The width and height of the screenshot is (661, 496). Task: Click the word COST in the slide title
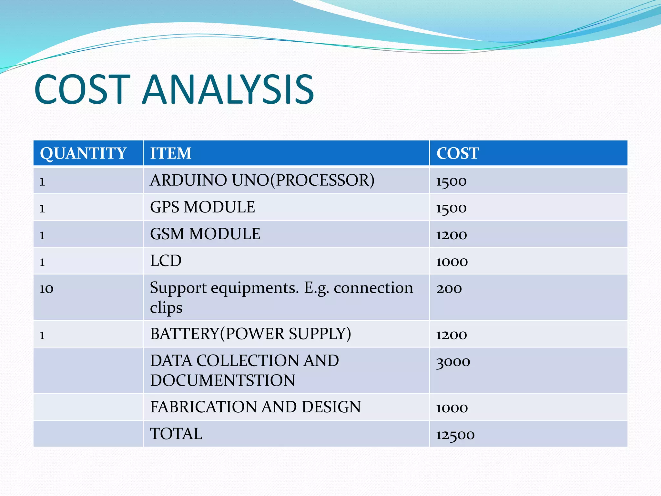pyautogui.click(x=82, y=89)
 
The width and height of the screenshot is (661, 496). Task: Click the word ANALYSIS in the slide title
pyautogui.click(x=228, y=89)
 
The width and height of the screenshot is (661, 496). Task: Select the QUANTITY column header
pyautogui.click(x=83, y=153)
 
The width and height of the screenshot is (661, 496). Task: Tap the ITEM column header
pyautogui.click(x=171, y=153)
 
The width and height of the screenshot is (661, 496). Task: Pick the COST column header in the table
pyautogui.click(x=457, y=153)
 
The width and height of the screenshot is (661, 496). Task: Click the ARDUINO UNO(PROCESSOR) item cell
pyautogui.click(x=262, y=180)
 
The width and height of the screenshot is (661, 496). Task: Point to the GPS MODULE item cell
pyautogui.click(x=202, y=207)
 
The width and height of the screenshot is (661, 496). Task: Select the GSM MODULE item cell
pyautogui.click(x=205, y=234)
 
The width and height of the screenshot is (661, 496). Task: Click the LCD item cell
pyautogui.click(x=166, y=261)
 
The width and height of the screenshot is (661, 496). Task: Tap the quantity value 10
pyautogui.click(x=46, y=288)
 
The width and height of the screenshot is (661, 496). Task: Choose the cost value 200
pyautogui.click(x=449, y=288)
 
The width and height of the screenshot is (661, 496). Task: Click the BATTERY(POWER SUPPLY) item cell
pyautogui.click(x=250, y=334)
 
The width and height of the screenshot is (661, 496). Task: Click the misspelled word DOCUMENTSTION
pyautogui.click(x=222, y=380)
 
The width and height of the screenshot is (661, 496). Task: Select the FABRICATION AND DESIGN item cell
pyautogui.click(x=255, y=407)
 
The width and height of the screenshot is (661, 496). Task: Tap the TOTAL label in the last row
pyautogui.click(x=176, y=434)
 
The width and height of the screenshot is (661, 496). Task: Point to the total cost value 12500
pyautogui.click(x=455, y=435)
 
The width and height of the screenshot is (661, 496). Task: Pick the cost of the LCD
pyautogui.click(x=452, y=262)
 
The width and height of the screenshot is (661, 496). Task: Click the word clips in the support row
pyautogui.click(x=166, y=307)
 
